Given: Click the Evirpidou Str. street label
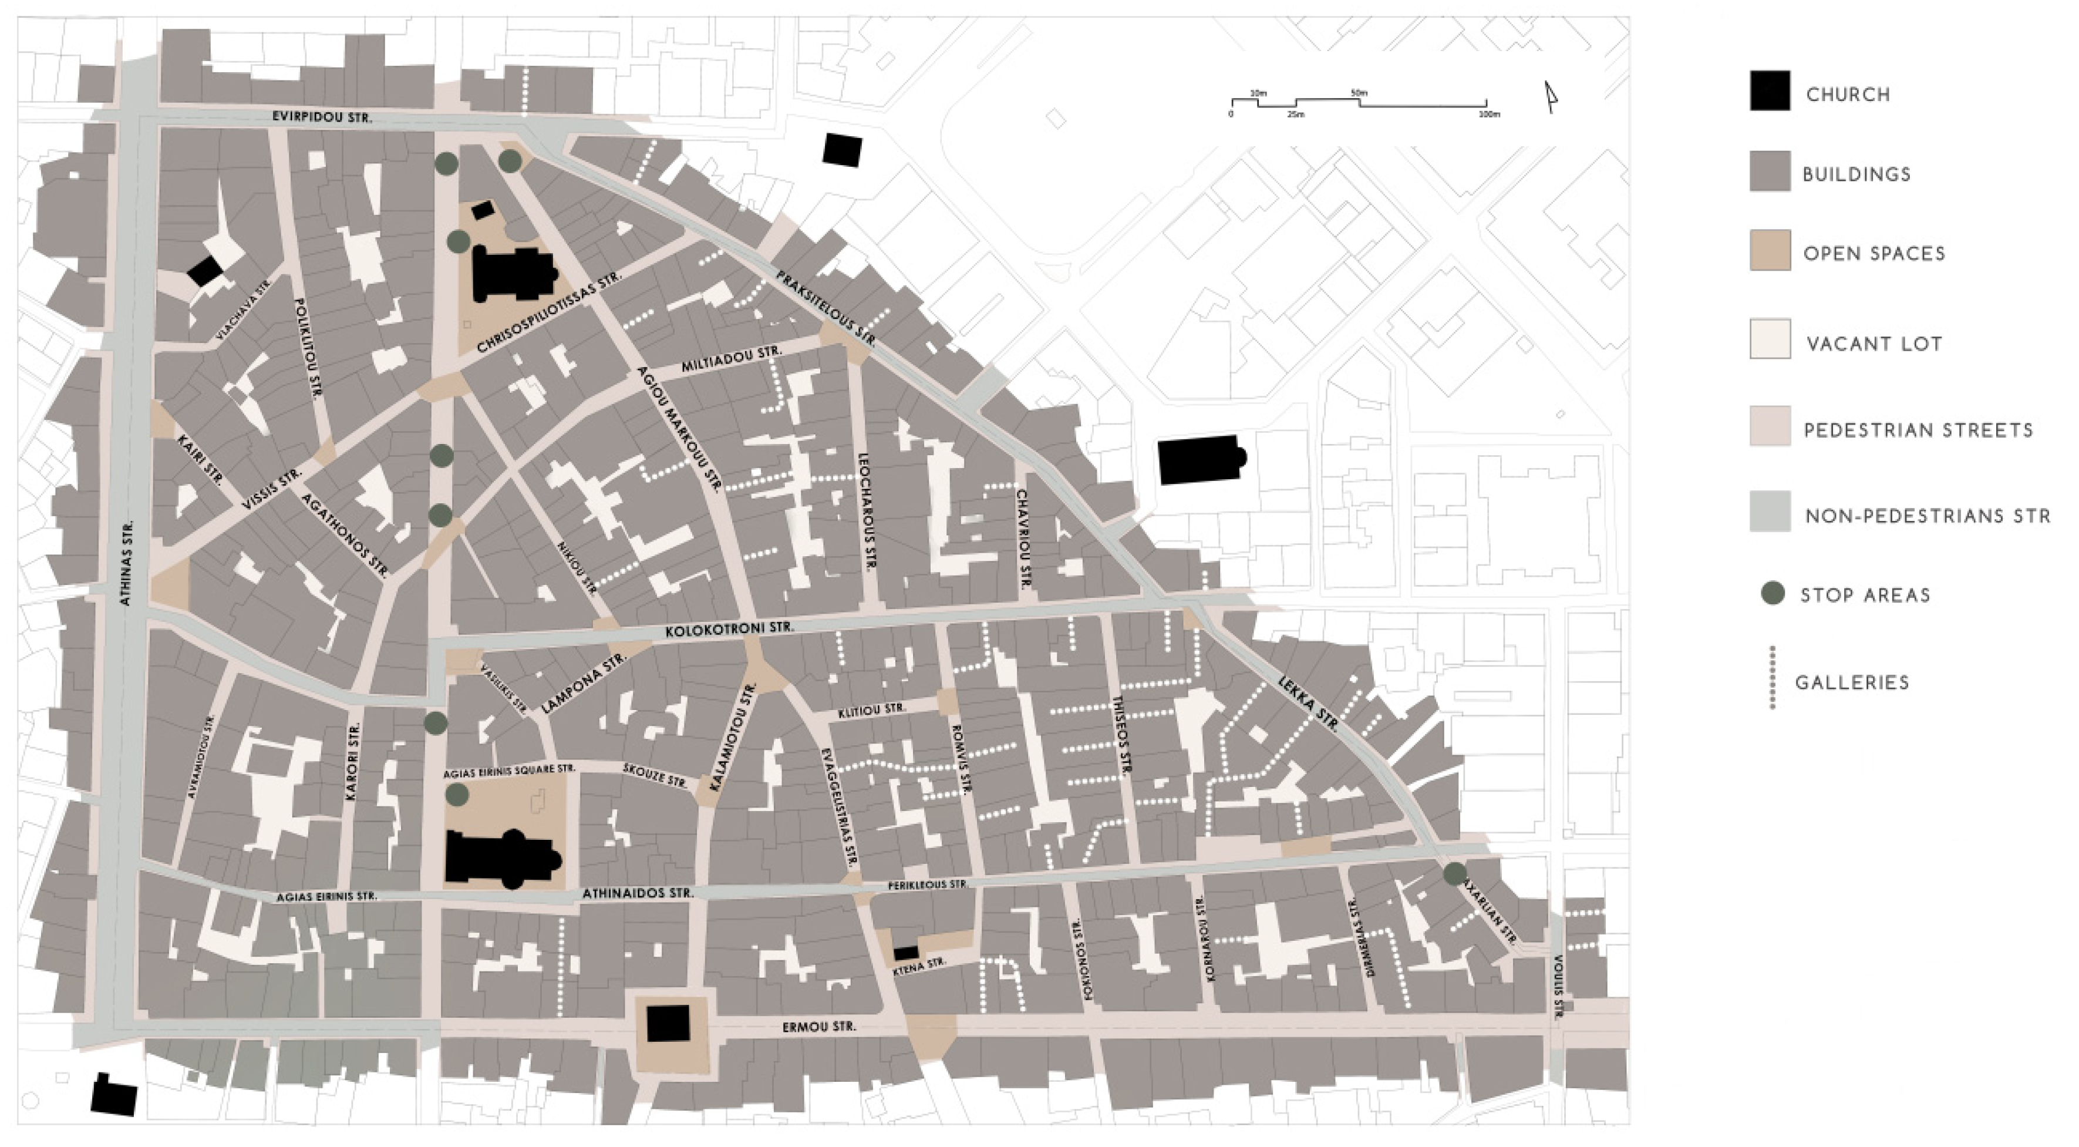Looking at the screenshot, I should (x=321, y=117).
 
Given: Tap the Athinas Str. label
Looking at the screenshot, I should (x=127, y=563).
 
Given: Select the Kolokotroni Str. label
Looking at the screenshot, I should (x=729, y=628).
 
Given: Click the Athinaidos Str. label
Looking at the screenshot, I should (x=638, y=893).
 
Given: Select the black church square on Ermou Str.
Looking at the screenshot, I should (x=668, y=1024).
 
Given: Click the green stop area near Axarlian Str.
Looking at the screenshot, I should (x=1454, y=873).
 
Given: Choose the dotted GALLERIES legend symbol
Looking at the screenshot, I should (x=1773, y=678).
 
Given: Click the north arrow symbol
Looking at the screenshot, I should (x=1549, y=97).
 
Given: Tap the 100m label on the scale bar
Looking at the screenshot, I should (x=1489, y=115).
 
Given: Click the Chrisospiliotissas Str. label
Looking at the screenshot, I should (x=549, y=312).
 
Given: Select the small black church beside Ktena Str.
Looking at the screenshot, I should (x=905, y=953).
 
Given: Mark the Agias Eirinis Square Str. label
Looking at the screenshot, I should (x=509, y=772).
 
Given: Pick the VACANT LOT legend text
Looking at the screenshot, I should (x=1874, y=344).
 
